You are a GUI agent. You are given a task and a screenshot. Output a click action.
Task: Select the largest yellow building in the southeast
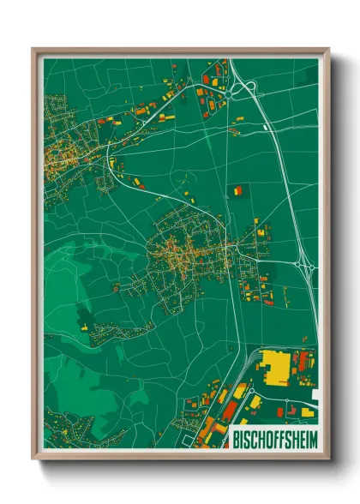(277, 366)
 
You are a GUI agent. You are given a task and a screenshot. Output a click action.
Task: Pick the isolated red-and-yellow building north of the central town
(235, 190)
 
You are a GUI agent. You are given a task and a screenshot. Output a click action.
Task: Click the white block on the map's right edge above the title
(315, 395)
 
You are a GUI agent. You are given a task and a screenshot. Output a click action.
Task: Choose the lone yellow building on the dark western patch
(85, 326)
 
